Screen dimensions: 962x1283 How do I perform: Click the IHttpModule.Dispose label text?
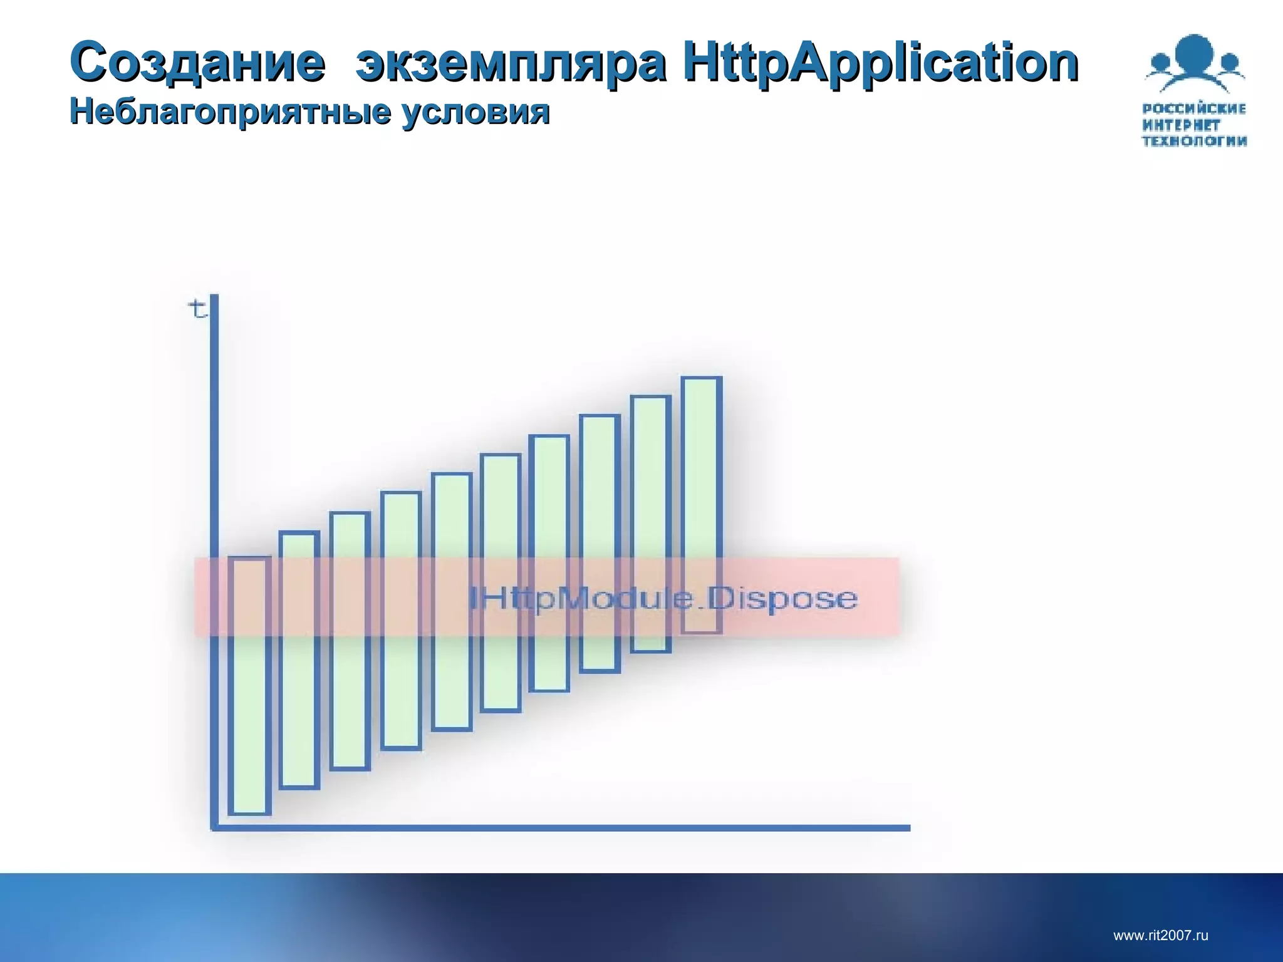[x=663, y=599]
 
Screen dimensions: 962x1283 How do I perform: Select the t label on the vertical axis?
[x=197, y=309]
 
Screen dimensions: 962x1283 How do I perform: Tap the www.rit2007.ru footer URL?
[x=1160, y=936]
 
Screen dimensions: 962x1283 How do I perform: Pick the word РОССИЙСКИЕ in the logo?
[x=1194, y=109]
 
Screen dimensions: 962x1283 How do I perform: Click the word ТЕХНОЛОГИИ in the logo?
[x=1194, y=142]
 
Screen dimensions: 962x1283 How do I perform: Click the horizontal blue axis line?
[x=564, y=827]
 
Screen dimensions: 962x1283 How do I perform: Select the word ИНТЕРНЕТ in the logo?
[x=1182, y=125]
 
